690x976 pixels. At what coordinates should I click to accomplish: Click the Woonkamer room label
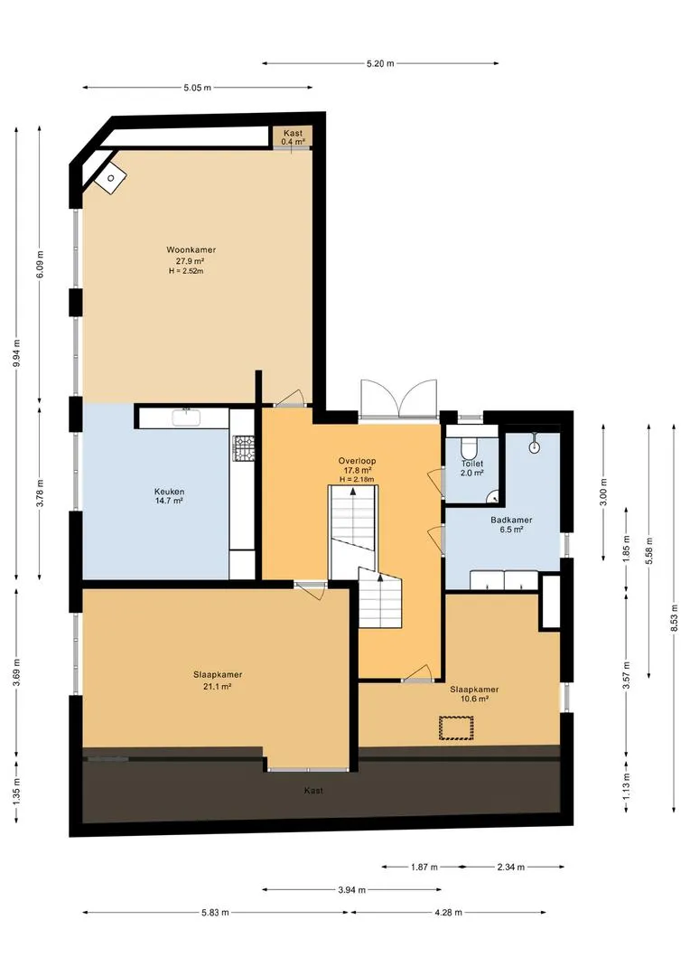tap(191, 250)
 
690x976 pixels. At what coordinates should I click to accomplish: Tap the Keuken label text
tap(169, 491)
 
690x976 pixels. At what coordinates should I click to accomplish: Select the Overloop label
tap(357, 461)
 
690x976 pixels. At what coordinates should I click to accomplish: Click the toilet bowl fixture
tap(469, 447)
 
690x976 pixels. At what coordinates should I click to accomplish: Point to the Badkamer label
tap(511, 521)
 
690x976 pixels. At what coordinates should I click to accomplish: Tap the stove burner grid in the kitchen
tap(244, 448)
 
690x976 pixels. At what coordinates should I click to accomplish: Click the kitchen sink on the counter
tap(186, 418)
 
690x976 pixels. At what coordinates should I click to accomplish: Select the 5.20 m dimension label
tap(380, 63)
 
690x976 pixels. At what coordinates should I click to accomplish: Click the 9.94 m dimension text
tap(16, 354)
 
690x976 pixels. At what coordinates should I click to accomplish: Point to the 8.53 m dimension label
tap(674, 617)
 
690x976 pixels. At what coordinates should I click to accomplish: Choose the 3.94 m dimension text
tap(352, 890)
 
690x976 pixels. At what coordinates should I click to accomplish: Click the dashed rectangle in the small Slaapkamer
tap(456, 728)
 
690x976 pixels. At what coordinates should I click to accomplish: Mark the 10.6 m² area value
tap(474, 699)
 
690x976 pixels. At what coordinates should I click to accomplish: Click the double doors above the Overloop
tap(399, 399)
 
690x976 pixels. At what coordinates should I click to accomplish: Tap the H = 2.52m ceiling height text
tap(187, 271)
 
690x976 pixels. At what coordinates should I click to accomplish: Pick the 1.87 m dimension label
tap(424, 867)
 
